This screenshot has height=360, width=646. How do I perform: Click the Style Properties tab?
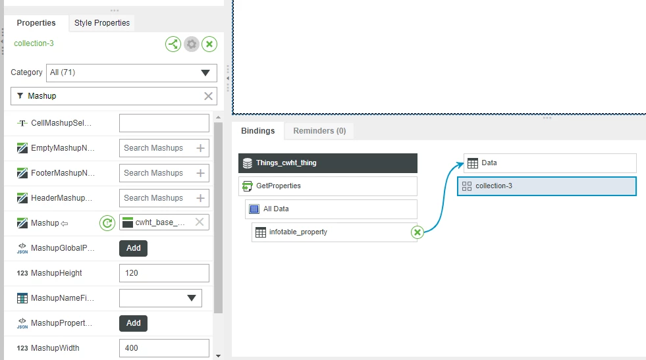point(102,23)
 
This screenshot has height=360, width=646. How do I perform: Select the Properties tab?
point(36,23)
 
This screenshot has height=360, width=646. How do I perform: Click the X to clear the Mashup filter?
point(209,96)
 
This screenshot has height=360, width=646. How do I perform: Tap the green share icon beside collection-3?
point(173,44)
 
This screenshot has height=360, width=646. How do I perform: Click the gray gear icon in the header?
point(192,44)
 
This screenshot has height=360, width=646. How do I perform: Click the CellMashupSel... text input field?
point(164,123)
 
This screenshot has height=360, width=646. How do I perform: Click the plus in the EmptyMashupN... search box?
point(201,148)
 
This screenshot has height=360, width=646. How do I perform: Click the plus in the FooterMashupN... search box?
point(201,173)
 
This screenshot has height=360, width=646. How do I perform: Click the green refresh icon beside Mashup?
point(107,223)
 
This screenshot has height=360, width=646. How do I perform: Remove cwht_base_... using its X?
point(200,222)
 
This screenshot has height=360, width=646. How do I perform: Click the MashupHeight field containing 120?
point(164,273)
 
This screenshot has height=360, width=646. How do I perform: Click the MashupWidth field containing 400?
point(164,348)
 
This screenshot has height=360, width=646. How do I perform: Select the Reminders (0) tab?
point(319,131)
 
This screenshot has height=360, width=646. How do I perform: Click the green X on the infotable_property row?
point(417,232)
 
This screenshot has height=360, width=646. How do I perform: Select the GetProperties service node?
point(328,186)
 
